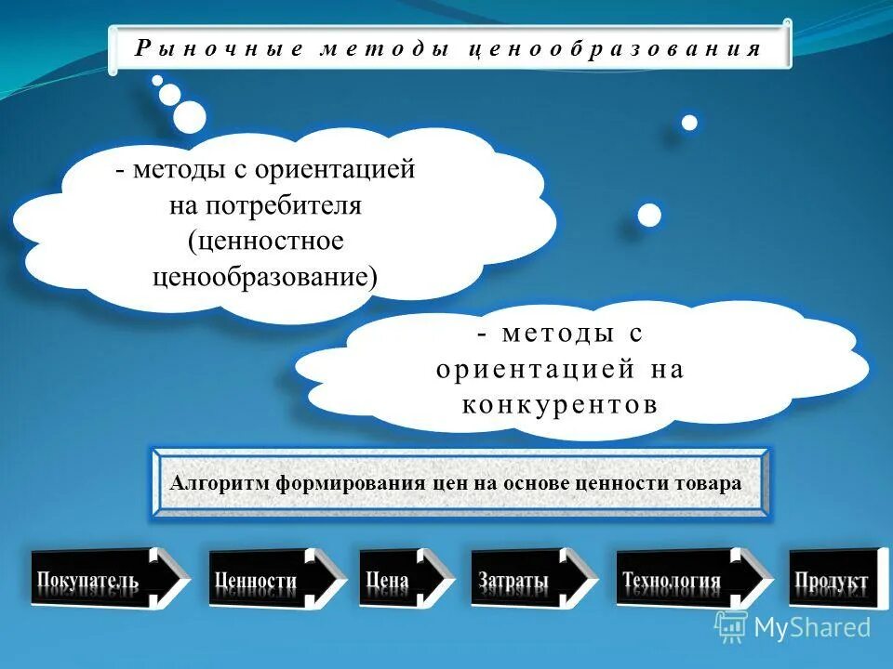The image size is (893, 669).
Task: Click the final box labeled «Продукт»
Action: [833, 580]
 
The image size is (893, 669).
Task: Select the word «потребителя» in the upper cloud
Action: [265, 205]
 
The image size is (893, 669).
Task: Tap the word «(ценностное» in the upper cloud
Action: [265, 241]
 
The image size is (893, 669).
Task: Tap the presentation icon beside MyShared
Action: [731, 626]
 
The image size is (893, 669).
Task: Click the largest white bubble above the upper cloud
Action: [190, 116]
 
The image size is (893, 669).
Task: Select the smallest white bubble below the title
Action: [157, 80]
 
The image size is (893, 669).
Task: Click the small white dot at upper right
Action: [689, 123]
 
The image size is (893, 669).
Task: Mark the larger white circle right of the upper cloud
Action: [649, 215]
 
